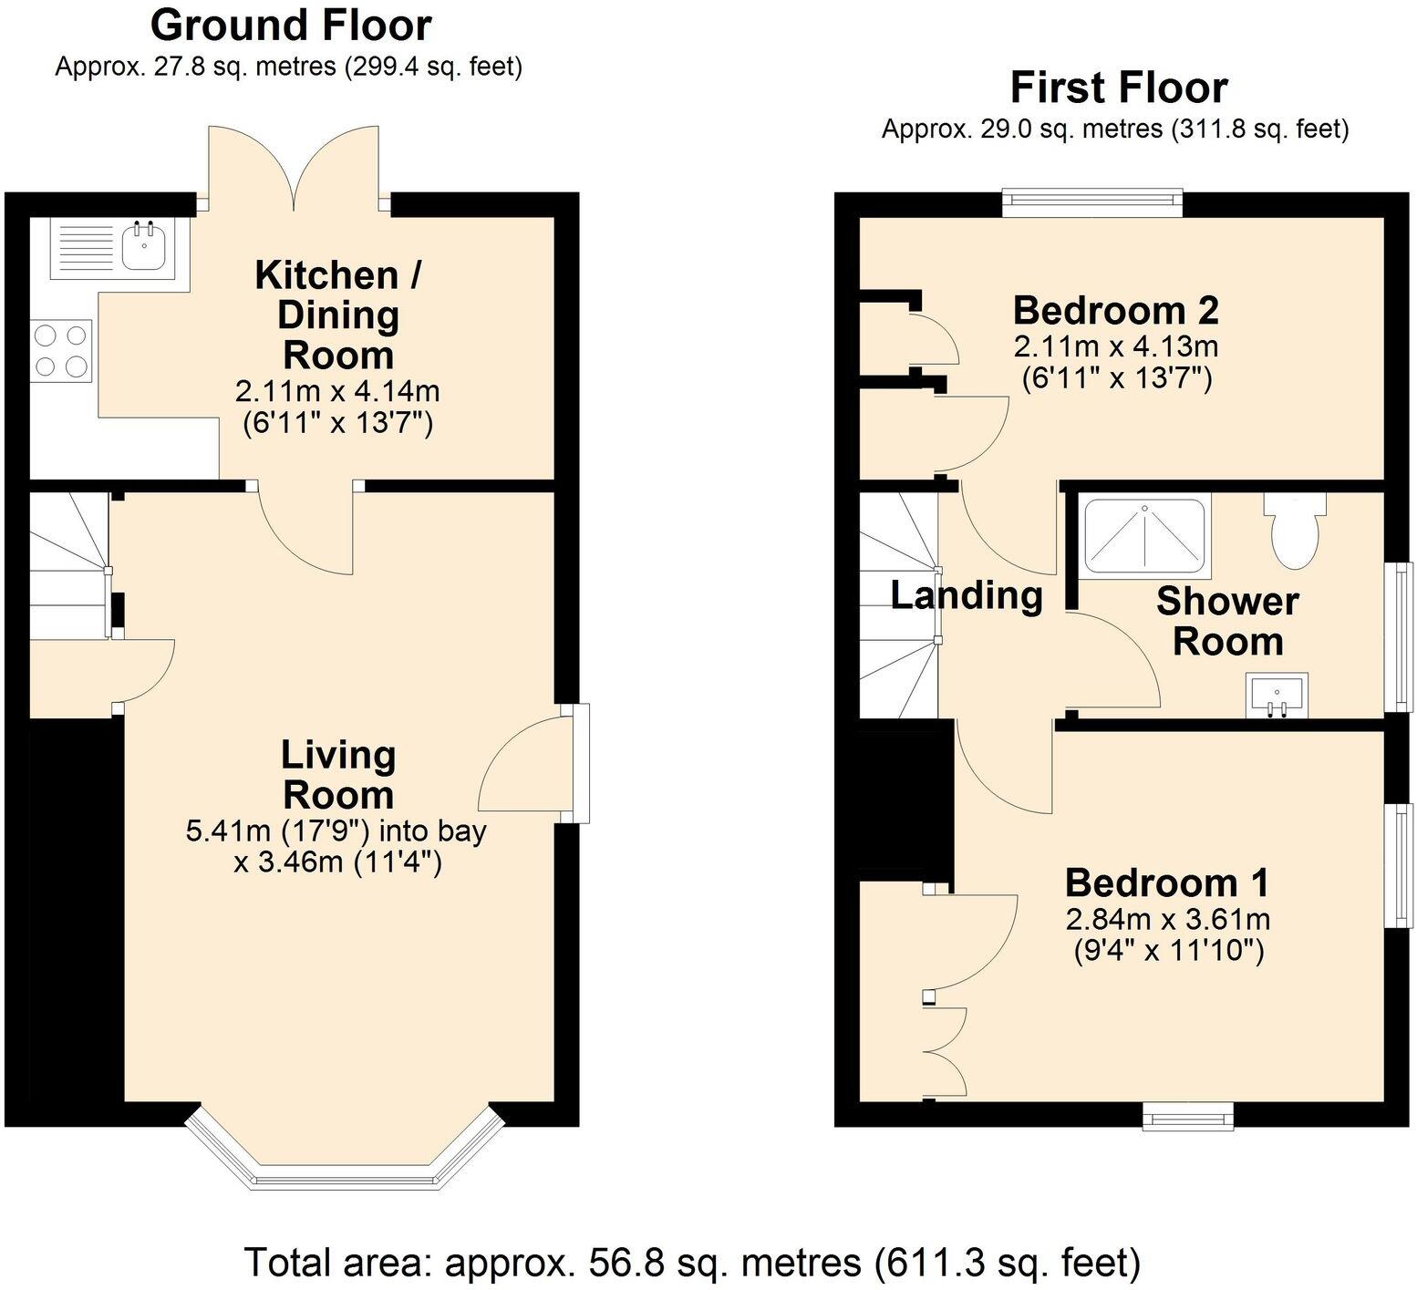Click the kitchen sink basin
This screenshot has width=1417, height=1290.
click(x=144, y=246)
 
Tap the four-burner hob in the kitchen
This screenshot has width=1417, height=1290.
click(x=61, y=351)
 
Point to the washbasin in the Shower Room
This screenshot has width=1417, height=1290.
click(x=1277, y=696)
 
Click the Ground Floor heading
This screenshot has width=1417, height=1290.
click(x=290, y=26)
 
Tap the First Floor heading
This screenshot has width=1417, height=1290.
click(x=1118, y=88)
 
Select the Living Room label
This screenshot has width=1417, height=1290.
click(x=337, y=775)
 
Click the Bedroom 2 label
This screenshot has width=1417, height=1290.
click(x=1115, y=311)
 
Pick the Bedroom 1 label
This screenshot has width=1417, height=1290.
click(x=1166, y=882)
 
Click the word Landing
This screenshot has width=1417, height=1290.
click(x=967, y=595)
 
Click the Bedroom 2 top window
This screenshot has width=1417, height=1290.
click(x=1091, y=202)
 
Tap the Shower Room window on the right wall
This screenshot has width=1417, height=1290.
click(x=1398, y=636)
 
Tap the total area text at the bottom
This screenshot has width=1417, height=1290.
click(x=692, y=1263)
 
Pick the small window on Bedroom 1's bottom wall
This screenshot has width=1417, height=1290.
click(x=1187, y=1116)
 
